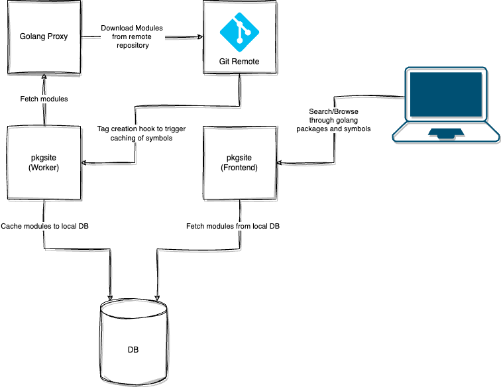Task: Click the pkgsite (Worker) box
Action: pos(44,163)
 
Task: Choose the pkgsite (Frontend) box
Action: pos(239,163)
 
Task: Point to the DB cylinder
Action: pos(133,341)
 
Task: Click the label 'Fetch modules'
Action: pos(44,99)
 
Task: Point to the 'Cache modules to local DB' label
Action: pos(45,227)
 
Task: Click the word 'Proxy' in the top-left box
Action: pos(58,36)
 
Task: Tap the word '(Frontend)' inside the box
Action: pos(239,168)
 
